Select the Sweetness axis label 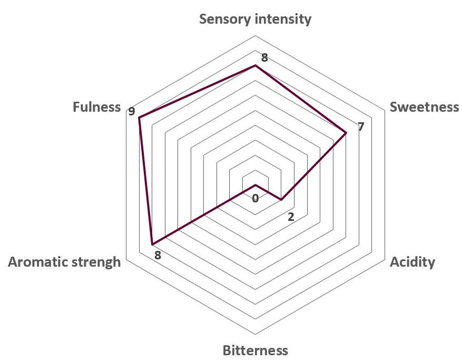[424, 106]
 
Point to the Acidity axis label [412, 262]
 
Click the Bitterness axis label [255, 351]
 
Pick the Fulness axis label [96, 106]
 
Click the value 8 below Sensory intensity [264, 57]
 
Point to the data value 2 [291, 217]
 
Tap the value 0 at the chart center [255, 198]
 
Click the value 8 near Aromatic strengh [158, 255]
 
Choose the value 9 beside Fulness [131, 112]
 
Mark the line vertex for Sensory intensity [255, 65]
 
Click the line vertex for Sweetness [346, 133]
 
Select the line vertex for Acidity [281, 200]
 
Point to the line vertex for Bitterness [255, 185]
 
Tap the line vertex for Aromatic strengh [152, 245]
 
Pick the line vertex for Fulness [139, 118]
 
